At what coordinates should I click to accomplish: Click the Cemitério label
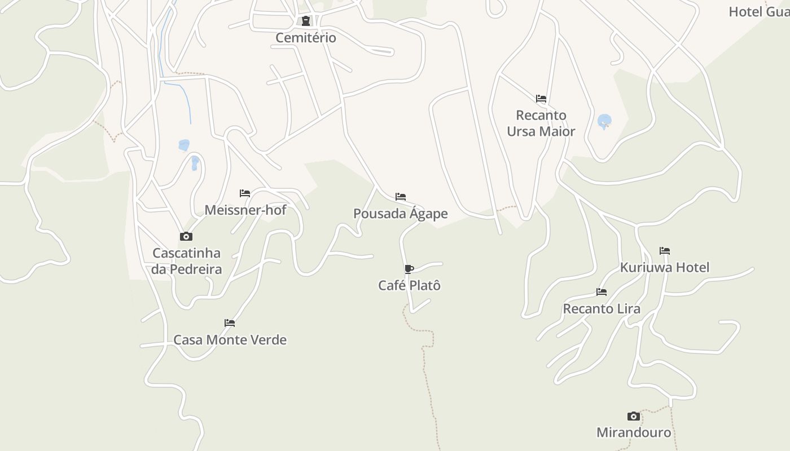pyautogui.click(x=306, y=38)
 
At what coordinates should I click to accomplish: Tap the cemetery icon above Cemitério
pyautogui.click(x=306, y=21)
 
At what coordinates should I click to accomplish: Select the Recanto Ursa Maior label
pyautogui.click(x=541, y=123)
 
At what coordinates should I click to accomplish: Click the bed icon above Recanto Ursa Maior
pyautogui.click(x=541, y=99)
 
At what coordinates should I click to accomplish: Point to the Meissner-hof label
pyautogui.click(x=245, y=210)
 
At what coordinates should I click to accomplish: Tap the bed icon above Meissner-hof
pyautogui.click(x=245, y=193)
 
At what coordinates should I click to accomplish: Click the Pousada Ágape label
pyautogui.click(x=401, y=214)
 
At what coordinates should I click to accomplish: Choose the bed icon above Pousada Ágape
pyautogui.click(x=401, y=197)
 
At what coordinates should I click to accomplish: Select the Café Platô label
pyautogui.click(x=409, y=285)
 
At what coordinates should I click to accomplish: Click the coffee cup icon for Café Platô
pyautogui.click(x=409, y=269)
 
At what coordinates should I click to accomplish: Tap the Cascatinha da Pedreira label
pyautogui.click(x=186, y=261)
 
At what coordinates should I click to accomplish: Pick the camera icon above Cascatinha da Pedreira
pyautogui.click(x=186, y=236)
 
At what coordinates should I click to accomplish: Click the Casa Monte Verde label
pyautogui.click(x=230, y=340)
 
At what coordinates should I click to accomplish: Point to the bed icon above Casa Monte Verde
pyautogui.click(x=230, y=323)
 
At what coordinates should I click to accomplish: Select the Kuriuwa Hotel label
pyautogui.click(x=665, y=267)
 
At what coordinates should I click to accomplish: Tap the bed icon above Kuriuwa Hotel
pyautogui.click(x=665, y=251)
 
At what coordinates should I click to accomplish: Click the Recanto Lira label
pyautogui.click(x=602, y=309)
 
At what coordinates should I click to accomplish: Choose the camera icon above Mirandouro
pyautogui.click(x=634, y=416)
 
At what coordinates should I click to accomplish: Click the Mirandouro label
pyautogui.click(x=634, y=432)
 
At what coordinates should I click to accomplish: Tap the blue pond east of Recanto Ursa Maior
pyautogui.click(x=604, y=121)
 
